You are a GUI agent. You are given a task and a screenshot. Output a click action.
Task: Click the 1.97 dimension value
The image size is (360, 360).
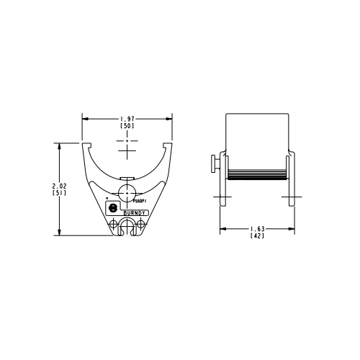(127, 119)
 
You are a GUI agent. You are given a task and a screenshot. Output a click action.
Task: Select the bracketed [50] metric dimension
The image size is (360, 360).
(127, 126)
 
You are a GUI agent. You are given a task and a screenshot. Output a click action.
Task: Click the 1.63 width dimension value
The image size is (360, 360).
(257, 228)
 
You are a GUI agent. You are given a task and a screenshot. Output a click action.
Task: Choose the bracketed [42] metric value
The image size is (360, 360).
(257, 235)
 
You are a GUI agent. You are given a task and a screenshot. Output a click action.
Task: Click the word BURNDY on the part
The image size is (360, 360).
(135, 213)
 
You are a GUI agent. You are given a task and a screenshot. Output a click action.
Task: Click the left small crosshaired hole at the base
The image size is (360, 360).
(114, 225)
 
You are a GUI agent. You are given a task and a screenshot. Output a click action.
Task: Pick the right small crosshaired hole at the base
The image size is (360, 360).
(141, 225)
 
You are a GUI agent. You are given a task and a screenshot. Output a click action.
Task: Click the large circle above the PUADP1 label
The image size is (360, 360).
(127, 192)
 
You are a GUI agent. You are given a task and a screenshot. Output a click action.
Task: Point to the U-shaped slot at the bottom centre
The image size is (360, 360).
(127, 229)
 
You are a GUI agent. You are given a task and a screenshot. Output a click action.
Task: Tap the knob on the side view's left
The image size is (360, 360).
(214, 164)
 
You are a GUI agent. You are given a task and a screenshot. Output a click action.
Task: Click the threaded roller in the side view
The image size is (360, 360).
(258, 174)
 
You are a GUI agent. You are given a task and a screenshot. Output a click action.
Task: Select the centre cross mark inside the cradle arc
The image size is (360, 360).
(127, 153)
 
